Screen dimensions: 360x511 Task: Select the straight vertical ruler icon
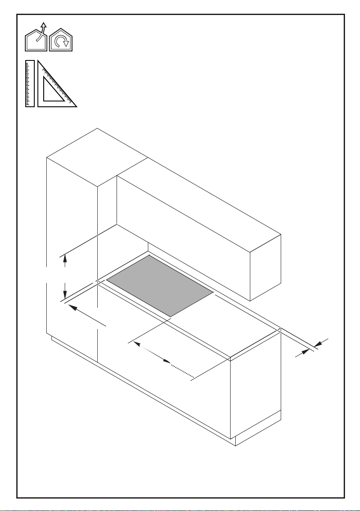coord(30,83)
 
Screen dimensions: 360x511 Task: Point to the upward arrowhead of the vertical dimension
coord(64,258)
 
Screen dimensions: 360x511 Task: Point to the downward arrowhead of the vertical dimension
coord(64,295)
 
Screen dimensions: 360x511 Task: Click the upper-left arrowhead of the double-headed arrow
coord(137,343)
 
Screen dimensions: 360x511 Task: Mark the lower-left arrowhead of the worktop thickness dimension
coord(305,352)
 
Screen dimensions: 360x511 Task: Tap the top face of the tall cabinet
coord(97,156)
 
